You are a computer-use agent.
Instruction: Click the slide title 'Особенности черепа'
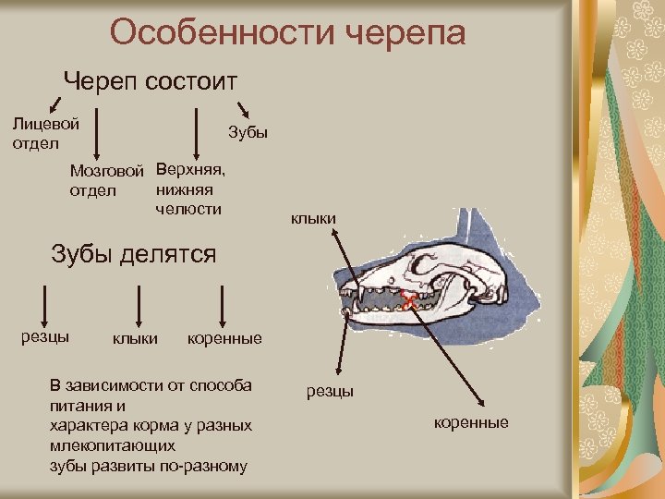click(287, 33)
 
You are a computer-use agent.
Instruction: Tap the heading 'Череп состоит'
click(150, 81)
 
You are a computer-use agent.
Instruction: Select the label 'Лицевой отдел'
click(45, 132)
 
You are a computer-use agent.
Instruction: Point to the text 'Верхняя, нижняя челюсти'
click(190, 189)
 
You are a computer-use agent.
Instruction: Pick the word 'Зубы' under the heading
click(248, 132)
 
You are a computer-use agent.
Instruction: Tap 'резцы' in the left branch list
click(45, 335)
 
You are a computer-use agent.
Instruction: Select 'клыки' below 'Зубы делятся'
click(135, 339)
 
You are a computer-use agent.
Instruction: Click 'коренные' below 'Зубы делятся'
click(224, 339)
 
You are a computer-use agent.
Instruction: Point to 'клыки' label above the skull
click(313, 219)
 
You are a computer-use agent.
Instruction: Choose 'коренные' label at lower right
click(471, 422)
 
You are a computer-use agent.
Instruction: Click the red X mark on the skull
click(407, 298)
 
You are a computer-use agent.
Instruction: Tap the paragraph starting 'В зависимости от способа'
click(150, 425)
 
